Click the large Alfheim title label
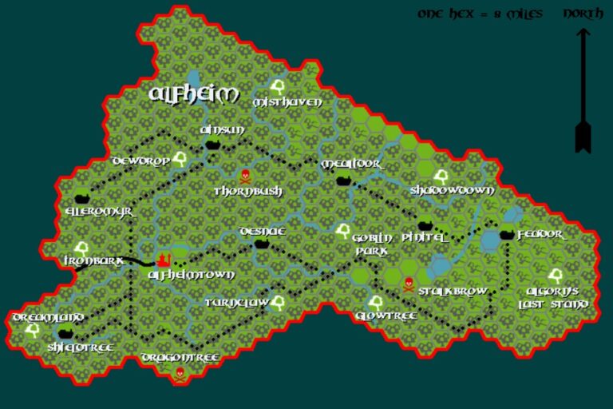tap(194, 94)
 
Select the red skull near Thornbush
tap(245, 176)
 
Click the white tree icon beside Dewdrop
tap(180, 158)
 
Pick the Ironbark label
tap(93, 260)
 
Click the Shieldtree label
tap(79, 347)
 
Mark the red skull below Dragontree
tap(180, 373)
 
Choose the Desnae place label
tap(262, 231)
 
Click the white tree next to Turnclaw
tap(278, 303)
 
